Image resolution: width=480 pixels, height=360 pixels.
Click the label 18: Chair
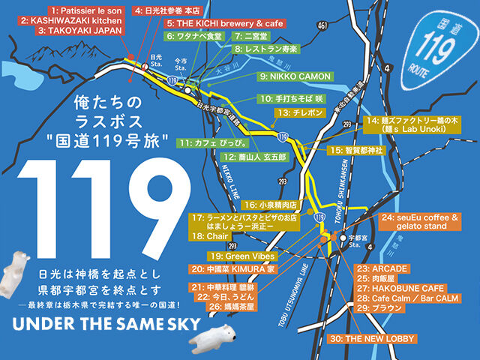[209, 236]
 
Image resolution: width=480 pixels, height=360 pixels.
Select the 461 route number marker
[321, 26]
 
